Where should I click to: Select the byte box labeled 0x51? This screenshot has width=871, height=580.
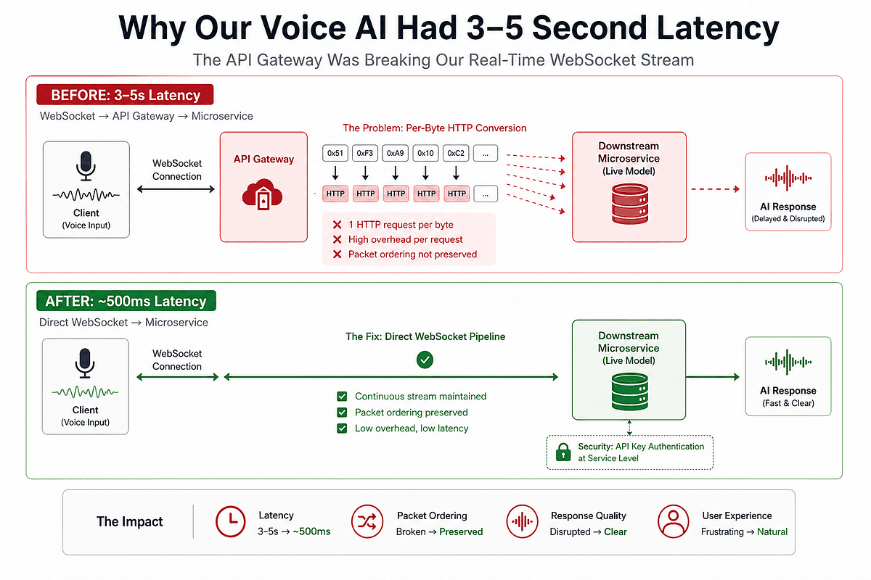335,154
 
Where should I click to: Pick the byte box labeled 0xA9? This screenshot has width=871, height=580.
396,154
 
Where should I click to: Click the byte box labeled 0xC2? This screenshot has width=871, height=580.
456,154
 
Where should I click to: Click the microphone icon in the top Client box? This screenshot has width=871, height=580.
86,165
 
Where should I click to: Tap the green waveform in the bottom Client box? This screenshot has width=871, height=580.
86,392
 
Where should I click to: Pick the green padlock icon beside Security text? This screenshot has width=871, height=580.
563,453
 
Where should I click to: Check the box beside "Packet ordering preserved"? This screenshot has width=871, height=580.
342,413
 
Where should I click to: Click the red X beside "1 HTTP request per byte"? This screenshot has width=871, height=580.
337,225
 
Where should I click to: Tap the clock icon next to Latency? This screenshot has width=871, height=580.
231,522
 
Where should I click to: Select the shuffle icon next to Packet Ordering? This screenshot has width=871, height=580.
367,522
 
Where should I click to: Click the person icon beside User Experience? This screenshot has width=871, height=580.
672,522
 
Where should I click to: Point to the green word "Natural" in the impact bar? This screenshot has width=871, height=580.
772,531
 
